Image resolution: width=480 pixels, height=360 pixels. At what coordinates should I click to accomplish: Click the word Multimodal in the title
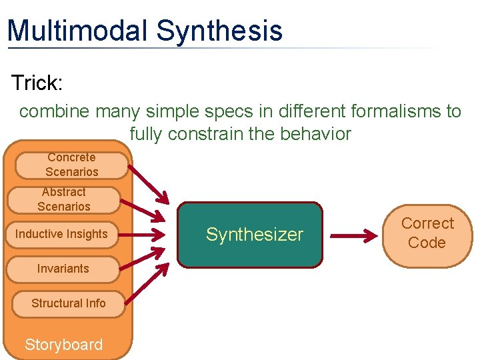point(77,31)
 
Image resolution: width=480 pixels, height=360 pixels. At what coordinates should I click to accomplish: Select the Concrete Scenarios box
point(71,165)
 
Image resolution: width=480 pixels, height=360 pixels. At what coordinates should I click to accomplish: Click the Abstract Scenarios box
point(63,199)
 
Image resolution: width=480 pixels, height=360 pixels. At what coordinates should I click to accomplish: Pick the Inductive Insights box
point(61,234)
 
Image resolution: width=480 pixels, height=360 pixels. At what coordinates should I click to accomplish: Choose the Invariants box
point(63,269)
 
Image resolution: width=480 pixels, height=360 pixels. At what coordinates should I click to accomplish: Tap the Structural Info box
point(68,303)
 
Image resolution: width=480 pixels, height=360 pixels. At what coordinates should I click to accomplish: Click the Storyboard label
point(63,345)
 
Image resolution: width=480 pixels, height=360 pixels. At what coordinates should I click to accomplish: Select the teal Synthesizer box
point(249,235)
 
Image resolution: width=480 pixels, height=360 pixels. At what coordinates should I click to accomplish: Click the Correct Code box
point(427,233)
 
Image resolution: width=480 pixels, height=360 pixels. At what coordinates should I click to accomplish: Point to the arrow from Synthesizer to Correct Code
point(353,235)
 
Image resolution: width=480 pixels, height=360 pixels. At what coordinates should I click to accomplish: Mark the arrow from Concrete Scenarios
point(148,181)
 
